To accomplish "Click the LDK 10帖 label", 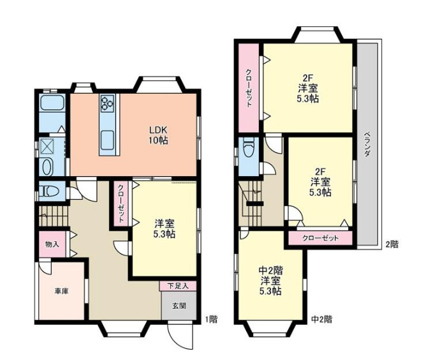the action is tap(159, 135).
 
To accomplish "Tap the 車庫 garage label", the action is tap(61, 292).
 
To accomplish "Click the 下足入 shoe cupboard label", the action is tap(179, 286).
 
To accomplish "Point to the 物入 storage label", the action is tap(52, 244).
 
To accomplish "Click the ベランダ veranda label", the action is tap(367, 145).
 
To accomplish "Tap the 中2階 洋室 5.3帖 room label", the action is tap(270, 281).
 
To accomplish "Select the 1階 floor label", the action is tap(211, 319).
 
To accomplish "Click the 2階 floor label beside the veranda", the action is tap(392, 244).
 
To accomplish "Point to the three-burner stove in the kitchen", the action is tap(107, 103).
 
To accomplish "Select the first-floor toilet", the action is tap(49, 191).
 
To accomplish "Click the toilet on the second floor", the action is tap(249, 147).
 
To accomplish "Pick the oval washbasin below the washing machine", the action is tap(47, 167).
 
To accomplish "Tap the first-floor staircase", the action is tap(54, 216).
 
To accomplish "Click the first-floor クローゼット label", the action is tap(121, 204).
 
